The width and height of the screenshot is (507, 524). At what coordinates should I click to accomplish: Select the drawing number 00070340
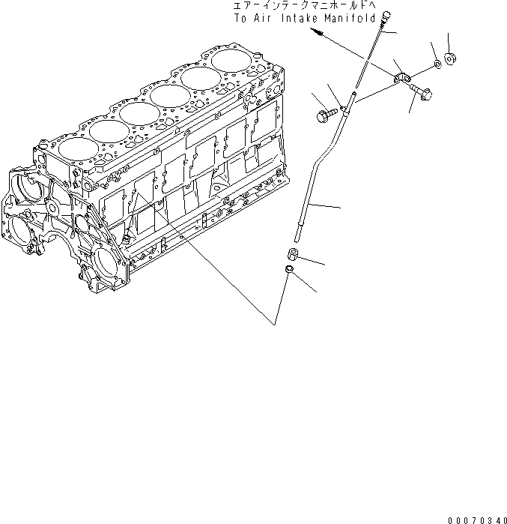point(477,519)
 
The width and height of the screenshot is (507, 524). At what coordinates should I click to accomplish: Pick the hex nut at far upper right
point(450,58)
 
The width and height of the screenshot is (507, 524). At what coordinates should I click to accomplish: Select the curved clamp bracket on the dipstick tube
point(402,75)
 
